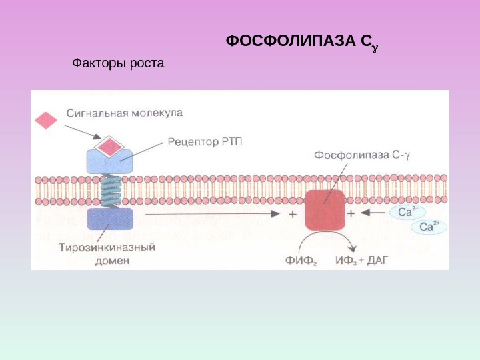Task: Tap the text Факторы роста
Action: [117, 64]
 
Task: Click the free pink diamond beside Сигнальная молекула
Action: [47, 119]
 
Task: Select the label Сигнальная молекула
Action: [124, 113]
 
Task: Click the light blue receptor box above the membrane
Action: [109, 160]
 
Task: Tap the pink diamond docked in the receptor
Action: [109, 145]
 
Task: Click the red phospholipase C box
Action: [325, 209]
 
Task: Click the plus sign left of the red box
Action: [292, 214]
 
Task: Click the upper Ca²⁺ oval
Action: [407, 212]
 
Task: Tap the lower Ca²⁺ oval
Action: [427, 227]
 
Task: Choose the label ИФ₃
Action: [348, 259]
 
